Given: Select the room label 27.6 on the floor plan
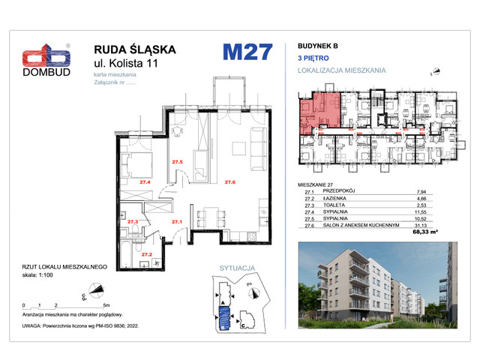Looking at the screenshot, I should pos(230,181).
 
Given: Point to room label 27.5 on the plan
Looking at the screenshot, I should pos(176,162).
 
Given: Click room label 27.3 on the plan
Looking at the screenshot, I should pos(132,221).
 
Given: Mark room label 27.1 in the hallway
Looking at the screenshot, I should pos(177,222).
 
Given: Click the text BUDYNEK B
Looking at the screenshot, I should pos(319,46).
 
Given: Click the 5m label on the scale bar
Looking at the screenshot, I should pos(106,305).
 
